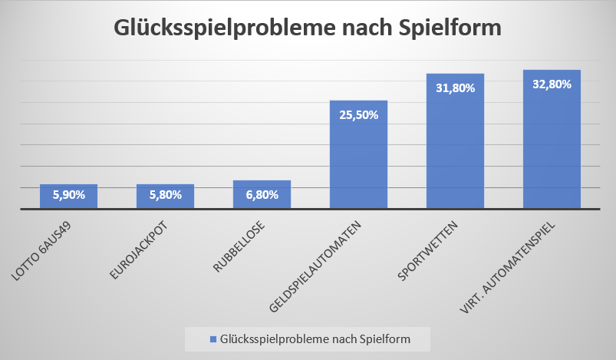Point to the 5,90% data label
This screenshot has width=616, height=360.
tap(68, 195)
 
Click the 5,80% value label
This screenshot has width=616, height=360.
tap(165, 195)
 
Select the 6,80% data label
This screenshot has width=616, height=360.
tap(262, 195)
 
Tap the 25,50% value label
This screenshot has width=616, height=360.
tap(358, 115)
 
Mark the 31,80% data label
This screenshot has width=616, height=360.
tap(455, 88)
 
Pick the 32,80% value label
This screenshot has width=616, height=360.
tap(552, 84)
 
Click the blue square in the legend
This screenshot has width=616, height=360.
tap(212, 339)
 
